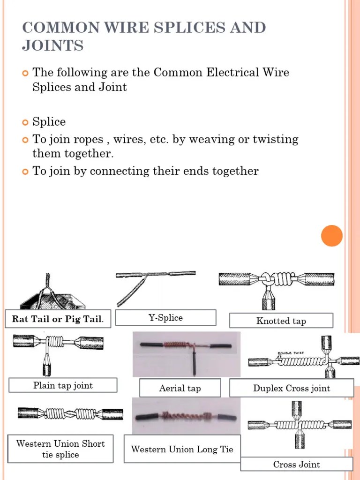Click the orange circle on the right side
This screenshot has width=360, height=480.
pos(332,235)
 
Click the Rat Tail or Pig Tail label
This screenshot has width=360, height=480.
pos(58,319)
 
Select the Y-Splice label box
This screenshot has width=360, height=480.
pos(165,317)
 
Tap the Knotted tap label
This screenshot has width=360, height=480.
pos(281,321)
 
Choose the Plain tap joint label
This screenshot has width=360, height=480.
pos(63,385)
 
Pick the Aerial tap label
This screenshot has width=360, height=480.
pos(180,388)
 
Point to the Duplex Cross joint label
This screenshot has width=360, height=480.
pos(291,388)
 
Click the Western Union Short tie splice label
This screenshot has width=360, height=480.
pos(60,449)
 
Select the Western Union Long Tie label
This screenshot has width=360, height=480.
pos(182,449)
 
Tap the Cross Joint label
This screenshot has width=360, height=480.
pos(296,464)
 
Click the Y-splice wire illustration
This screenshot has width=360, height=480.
pos(155,286)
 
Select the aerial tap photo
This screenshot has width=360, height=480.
pos(186,354)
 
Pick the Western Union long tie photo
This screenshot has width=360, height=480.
pos(186,416)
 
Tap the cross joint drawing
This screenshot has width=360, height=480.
pos(299,425)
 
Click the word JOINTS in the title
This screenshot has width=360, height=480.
pos(52,45)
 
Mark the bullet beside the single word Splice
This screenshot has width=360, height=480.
pos(25,123)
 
